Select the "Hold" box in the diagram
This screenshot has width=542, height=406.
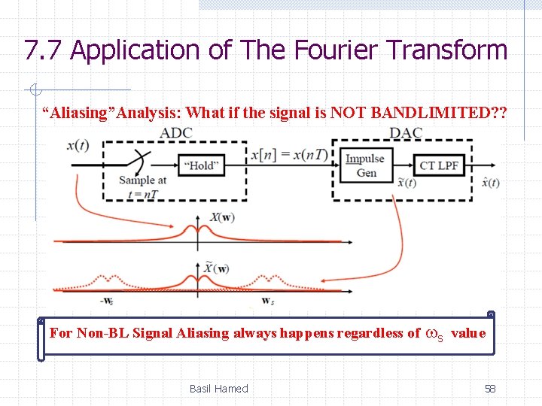click(x=199, y=165)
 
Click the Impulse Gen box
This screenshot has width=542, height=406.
click(x=365, y=165)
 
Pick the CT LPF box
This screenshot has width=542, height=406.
click(x=439, y=165)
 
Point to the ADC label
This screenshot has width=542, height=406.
click(x=176, y=133)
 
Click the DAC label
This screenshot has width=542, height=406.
click(x=406, y=133)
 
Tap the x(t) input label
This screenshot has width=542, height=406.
click(x=78, y=146)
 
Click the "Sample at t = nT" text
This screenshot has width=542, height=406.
click(x=142, y=185)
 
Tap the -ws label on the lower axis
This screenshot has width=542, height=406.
click(x=108, y=301)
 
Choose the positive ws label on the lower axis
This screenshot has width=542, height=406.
click(x=267, y=301)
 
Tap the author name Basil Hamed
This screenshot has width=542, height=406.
click(x=218, y=389)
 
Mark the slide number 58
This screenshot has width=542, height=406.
click(x=490, y=389)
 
